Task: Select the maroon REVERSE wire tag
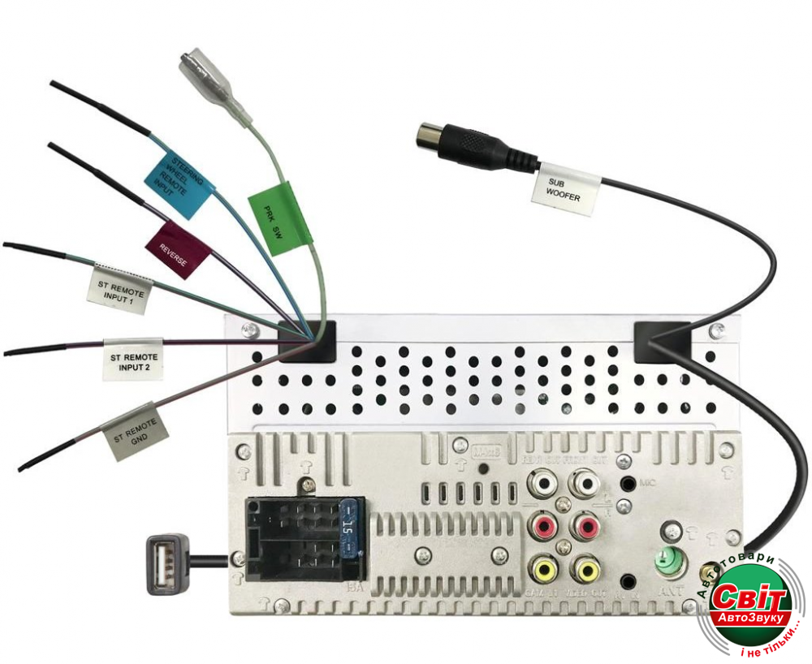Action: [178, 249]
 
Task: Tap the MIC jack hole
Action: [628, 485]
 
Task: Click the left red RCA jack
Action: [542, 528]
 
